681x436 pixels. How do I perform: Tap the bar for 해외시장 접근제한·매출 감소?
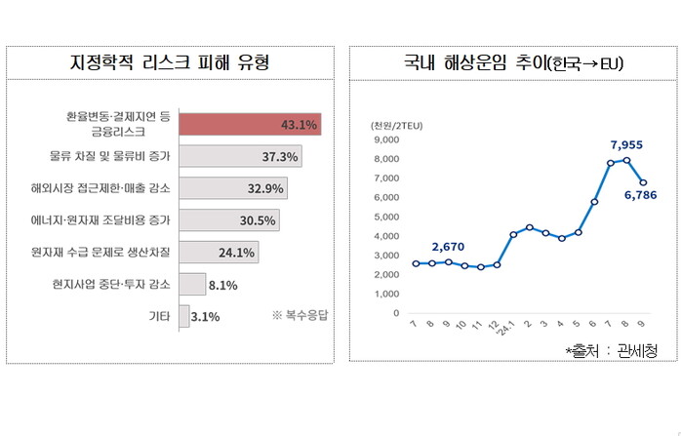(234, 188)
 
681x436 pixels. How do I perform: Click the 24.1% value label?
(236, 253)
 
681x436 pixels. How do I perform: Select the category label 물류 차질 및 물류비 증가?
(110, 156)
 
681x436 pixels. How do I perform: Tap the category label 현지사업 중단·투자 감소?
(111, 284)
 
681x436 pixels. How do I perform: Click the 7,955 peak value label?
(627, 145)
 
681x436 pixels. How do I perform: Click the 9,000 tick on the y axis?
(386, 139)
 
